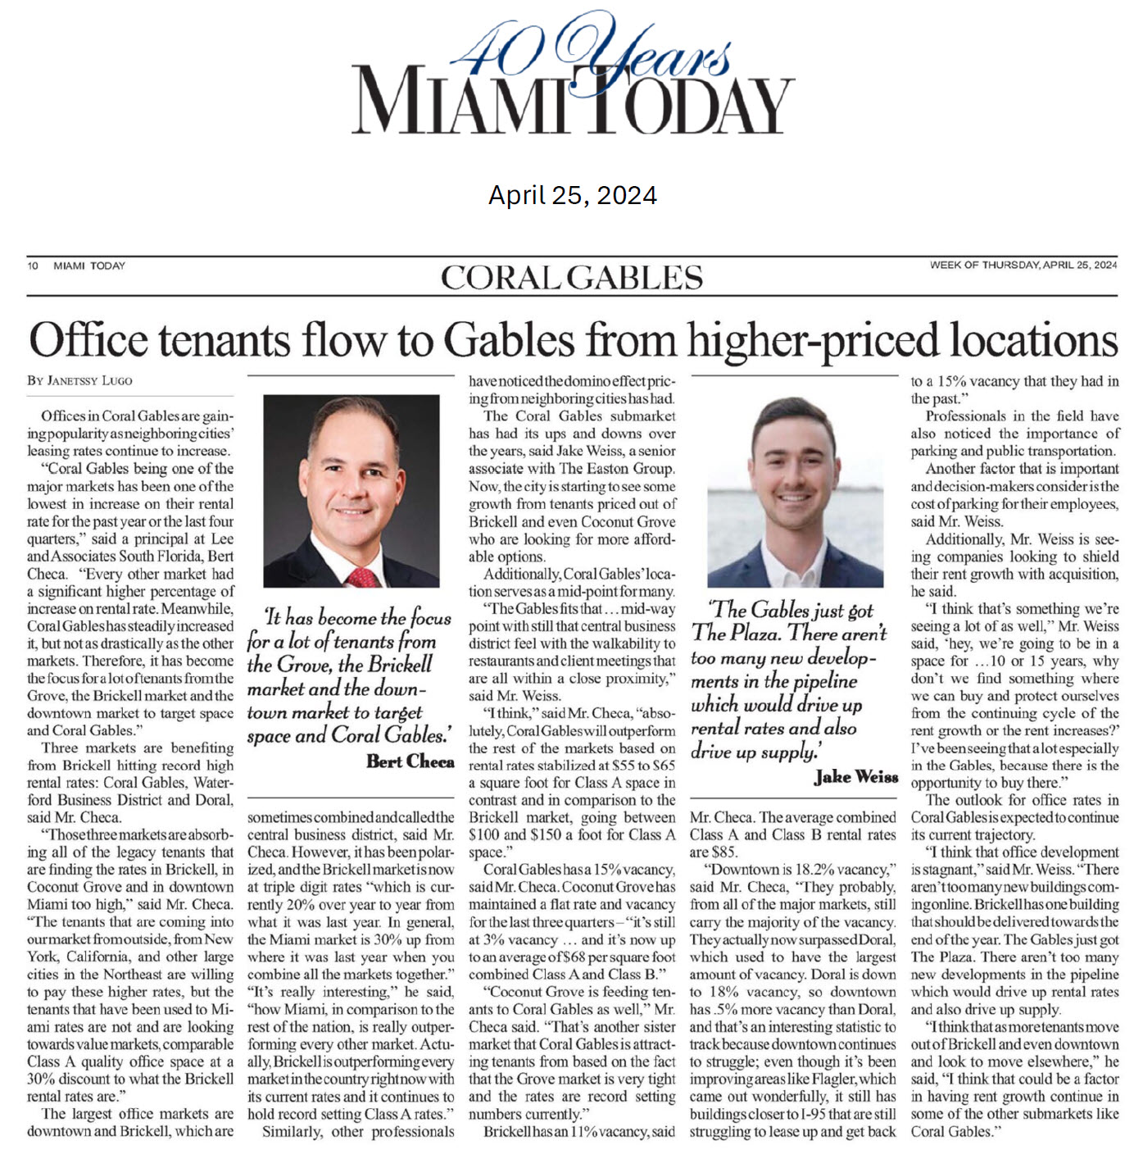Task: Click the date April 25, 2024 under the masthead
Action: point(572,195)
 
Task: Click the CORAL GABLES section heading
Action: point(571,278)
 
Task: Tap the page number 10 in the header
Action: point(33,266)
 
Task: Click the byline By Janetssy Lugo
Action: point(79,380)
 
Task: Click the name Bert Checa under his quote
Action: point(410,761)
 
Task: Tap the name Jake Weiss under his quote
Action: point(855,776)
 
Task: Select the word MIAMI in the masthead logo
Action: point(459,100)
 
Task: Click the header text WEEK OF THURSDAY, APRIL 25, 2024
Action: point(1023,265)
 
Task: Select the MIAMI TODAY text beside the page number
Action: point(89,266)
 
